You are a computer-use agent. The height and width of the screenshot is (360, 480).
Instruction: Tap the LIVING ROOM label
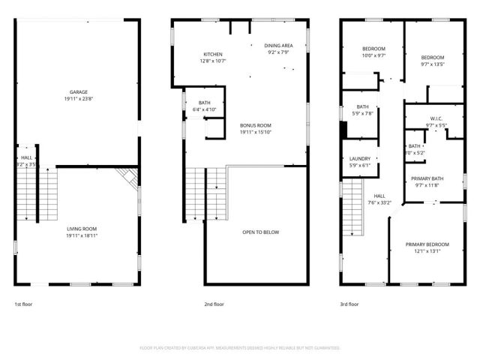(77, 229)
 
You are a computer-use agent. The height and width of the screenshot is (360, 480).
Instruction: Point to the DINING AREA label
(278, 46)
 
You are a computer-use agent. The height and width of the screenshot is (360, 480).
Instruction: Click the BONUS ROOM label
(255, 125)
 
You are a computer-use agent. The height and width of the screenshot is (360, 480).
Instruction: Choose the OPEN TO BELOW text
(260, 232)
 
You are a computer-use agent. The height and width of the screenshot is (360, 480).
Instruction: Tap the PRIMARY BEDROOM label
(427, 244)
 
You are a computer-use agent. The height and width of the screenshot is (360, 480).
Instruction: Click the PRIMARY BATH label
(427, 178)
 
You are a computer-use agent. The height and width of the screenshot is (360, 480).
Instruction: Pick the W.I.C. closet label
(435, 118)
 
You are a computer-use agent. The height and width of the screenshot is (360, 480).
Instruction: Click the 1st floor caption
(23, 304)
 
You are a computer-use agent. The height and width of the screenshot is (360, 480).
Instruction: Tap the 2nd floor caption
(214, 304)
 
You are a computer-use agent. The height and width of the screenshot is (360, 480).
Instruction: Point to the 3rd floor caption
(349, 304)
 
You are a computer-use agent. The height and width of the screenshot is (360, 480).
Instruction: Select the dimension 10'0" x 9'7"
(373, 55)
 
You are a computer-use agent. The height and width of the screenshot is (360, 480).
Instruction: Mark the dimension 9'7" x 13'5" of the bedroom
(432, 64)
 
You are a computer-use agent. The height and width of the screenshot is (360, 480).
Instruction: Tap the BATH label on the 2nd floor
(204, 103)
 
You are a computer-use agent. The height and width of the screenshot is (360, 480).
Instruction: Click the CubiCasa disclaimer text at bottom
(240, 348)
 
